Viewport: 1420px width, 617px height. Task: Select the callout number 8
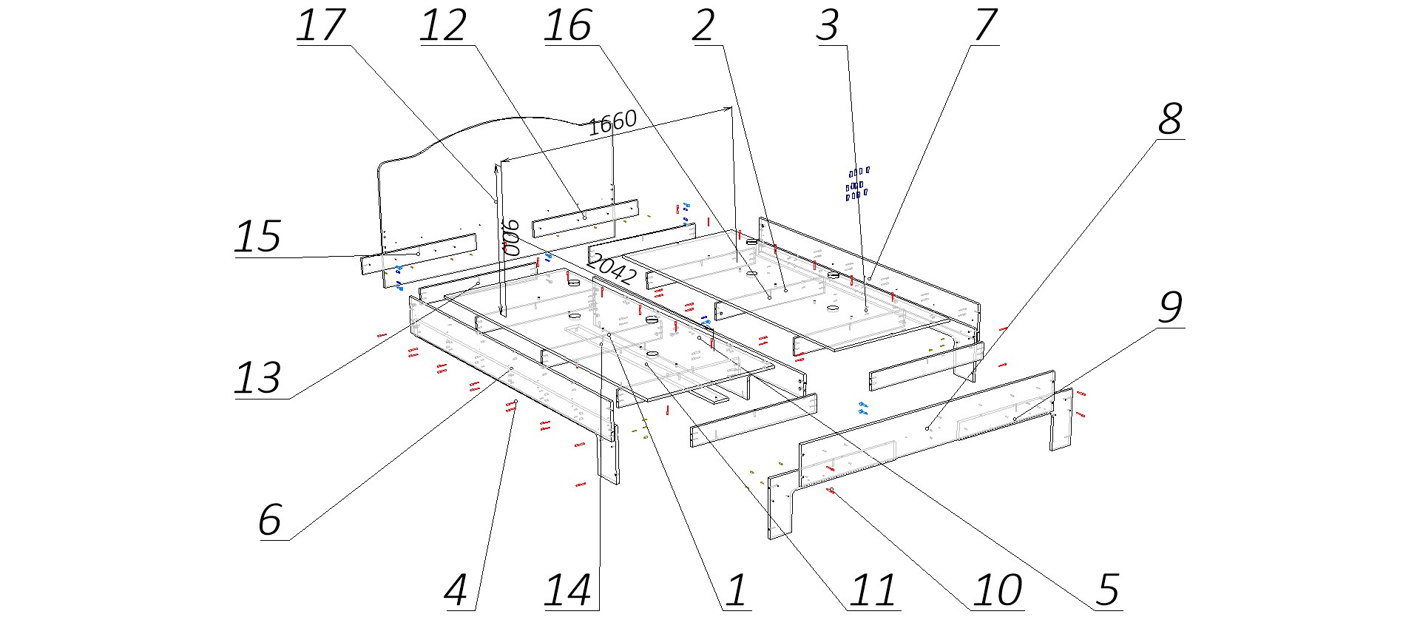(x=1170, y=118)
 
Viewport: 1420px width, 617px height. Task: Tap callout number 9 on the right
(x=1170, y=306)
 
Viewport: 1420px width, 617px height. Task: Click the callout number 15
(x=258, y=237)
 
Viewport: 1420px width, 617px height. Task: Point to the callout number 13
(x=258, y=378)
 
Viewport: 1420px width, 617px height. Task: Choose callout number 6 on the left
(x=270, y=519)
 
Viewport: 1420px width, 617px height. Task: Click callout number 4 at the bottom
(x=456, y=590)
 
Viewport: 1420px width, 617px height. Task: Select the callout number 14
(x=568, y=590)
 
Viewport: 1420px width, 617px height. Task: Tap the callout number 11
(x=873, y=590)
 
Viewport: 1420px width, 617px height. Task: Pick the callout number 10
(x=998, y=590)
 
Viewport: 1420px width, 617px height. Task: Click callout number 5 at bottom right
(x=1107, y=590)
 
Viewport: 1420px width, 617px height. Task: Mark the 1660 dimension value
(x=612, y=123)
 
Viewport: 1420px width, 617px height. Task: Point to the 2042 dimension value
(x=612, y=269)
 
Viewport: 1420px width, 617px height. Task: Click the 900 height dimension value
(x=511, y=237)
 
